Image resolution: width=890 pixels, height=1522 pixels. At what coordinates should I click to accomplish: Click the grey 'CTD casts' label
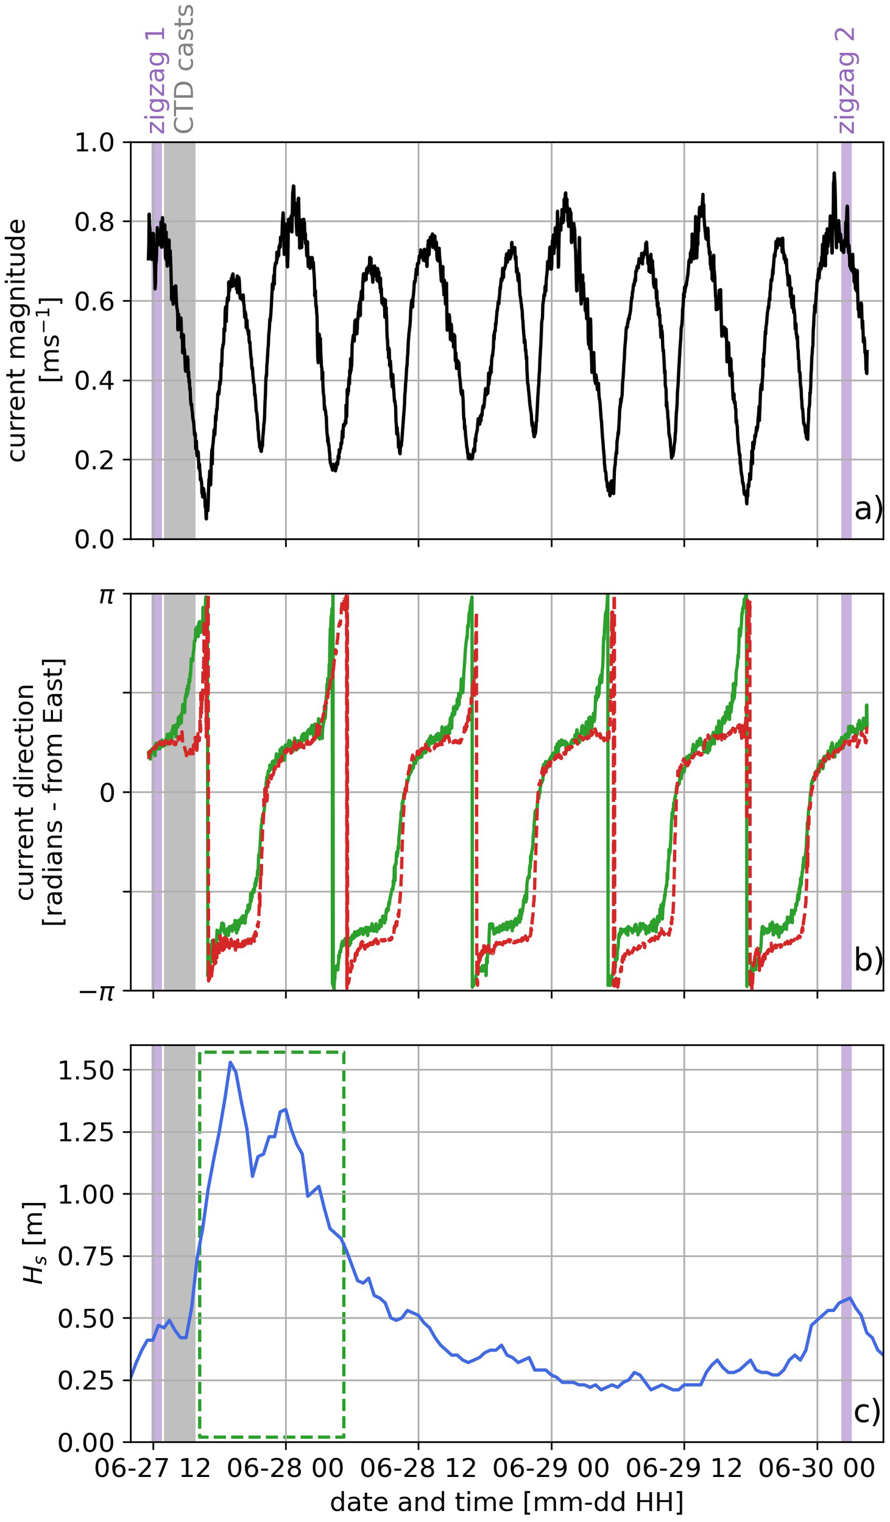click(183, 69)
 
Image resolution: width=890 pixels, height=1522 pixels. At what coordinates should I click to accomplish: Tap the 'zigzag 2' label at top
click(846, 80)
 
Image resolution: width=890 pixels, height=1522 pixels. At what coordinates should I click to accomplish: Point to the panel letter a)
click(867, 509)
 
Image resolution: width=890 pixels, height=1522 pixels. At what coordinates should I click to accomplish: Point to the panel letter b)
click(867, 960)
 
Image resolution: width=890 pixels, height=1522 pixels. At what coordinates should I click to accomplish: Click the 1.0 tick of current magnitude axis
click(94, 142)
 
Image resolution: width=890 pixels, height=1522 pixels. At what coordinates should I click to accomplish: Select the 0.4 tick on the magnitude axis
click(94, 380)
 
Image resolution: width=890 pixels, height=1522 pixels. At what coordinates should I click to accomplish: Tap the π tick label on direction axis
click(107, 595)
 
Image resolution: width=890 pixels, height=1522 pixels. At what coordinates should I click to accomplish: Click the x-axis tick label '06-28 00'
click(285, 1468)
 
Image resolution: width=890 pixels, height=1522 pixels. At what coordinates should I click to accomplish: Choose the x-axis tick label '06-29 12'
click(683, 1468)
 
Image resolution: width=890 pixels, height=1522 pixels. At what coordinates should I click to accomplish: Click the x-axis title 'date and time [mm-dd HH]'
click(506, 1501)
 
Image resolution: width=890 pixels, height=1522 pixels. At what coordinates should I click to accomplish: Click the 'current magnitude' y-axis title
click(17, 341)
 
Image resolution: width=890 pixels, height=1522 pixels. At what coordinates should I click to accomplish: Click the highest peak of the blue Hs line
click(230, 1062)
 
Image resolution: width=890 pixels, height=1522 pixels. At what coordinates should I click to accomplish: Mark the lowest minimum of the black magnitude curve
click(207, 518)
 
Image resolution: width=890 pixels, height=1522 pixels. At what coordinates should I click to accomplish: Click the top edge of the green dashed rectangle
click(271, 1051)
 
